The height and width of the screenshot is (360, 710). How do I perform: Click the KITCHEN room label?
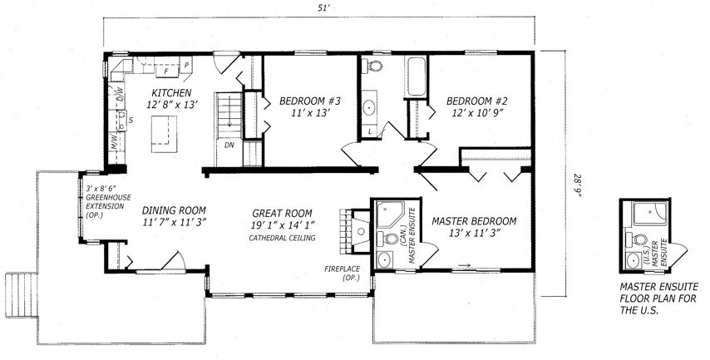pos(171,93)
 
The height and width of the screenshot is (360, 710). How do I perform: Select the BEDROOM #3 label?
pos(310,101)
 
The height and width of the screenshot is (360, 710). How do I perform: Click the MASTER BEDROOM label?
pos(474,221)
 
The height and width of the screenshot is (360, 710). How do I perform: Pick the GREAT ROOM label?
pos(282,214)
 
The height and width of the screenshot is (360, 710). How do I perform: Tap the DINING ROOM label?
pos(174,210)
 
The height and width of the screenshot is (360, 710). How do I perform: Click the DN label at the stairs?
pos(229,145)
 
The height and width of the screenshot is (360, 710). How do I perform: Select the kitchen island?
pos(164,134)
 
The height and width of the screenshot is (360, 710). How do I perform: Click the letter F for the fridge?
pos(165,72)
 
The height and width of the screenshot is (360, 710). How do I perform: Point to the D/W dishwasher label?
pos(121,96)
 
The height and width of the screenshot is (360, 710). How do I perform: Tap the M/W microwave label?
pos(114,140)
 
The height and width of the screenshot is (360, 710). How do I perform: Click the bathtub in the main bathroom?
pos(415,76)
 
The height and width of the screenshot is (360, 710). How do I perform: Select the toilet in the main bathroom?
pos(373,66)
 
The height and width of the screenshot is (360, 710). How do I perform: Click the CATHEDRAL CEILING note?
pos(282,238)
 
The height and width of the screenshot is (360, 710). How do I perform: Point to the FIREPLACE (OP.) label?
pos(342,273)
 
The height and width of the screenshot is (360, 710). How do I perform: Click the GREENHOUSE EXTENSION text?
pos(107,202)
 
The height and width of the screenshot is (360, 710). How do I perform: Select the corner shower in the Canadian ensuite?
pos(389,215)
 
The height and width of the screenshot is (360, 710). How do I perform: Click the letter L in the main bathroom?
pos(370,131)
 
